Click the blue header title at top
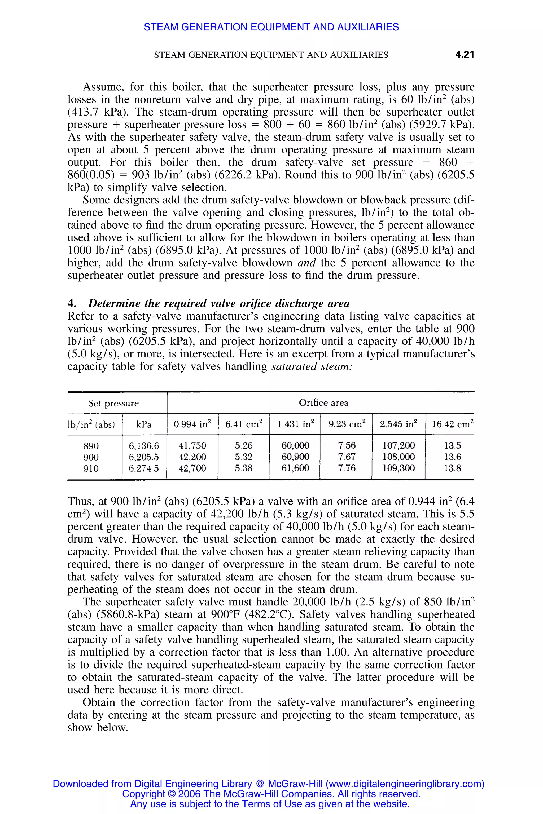[271, 27]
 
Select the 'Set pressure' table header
[113, 404]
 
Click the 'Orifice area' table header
[323, 402]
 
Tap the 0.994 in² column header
[192, 424]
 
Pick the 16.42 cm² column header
[452, 424]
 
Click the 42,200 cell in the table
[192, 457]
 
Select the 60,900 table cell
[295, 457]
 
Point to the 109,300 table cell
[399, 468]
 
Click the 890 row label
[91, 446]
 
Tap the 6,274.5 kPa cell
[144, 468]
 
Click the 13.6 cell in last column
[452, 457]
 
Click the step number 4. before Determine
[72, 303]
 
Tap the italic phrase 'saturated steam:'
[312, 366]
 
